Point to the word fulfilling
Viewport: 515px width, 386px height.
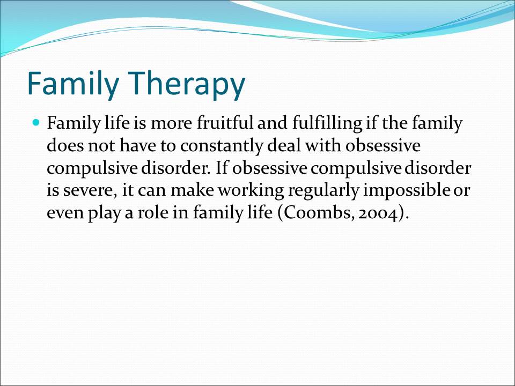pos(327,124)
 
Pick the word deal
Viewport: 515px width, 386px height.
pos(284,145)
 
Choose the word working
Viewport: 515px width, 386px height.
pos(251,191)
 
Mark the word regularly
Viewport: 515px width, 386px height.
pos(323,191)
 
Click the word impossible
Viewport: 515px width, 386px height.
pos(406,190)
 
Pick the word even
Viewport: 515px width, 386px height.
pos(65,214)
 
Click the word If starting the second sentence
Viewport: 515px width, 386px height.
pos(222,168)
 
